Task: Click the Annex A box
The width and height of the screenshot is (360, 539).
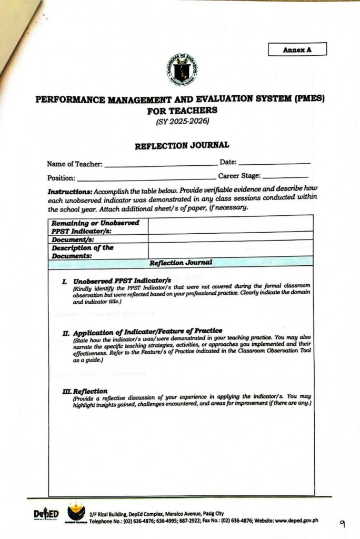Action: click(297, 49)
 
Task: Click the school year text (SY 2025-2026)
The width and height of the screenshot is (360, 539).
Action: click(182, 122)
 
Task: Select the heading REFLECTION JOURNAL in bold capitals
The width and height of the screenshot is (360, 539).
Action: click(182, 145)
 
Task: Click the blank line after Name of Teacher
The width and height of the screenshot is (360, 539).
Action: click(161, 165)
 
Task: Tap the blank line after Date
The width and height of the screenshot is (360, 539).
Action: click(274, 163)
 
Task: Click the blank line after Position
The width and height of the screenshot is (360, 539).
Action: click(146, 179)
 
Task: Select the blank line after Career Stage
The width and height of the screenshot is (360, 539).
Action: click(285, 177)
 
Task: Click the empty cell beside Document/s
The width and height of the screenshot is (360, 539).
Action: click(230, 238)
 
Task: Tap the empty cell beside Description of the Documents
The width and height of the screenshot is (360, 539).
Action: click(230, 249)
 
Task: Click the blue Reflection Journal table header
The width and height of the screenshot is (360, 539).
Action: click(181, 262)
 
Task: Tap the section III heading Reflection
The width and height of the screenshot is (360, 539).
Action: click(85, 391)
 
